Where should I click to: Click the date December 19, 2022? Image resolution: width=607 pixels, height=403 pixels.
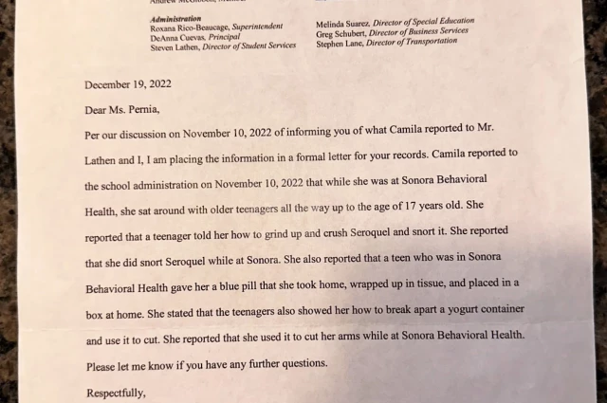click(x=128, y=83)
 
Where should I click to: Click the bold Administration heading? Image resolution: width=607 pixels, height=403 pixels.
click(x=176, y=18)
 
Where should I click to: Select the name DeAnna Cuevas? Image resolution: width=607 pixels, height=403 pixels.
click(x=175, y=38)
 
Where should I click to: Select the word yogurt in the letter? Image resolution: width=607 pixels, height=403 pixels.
click(x=458, y=309)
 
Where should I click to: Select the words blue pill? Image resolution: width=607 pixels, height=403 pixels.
click(x=255, y=284)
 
